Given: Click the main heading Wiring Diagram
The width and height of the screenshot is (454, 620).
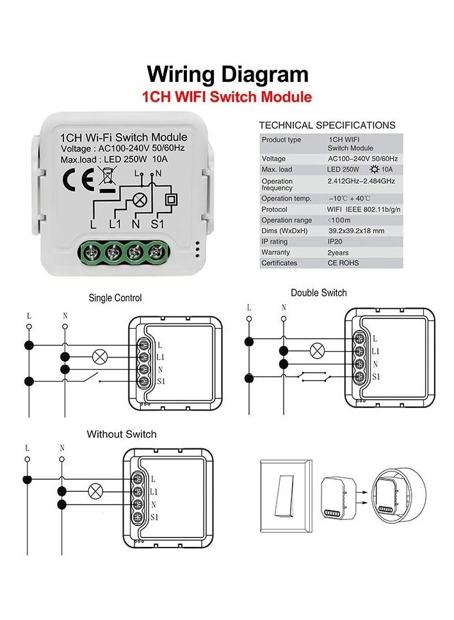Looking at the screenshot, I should tap(227, 74).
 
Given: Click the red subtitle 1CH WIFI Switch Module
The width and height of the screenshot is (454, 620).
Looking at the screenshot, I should tap(227, 97).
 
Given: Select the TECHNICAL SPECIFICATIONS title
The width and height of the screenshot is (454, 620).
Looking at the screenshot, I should tap(327, 126).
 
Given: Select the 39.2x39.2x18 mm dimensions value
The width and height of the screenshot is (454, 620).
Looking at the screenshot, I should tap(356, 231).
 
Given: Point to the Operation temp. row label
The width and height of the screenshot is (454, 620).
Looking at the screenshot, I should tap(286, 199).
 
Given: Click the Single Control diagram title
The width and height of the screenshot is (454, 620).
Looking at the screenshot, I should tap(115, 298).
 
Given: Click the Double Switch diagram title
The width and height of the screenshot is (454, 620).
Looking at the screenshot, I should tap(318, 293).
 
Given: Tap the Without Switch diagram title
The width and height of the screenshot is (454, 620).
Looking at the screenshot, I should tap(122, 434).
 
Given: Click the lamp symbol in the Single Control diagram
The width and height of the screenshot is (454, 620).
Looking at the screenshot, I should tap(100, 357).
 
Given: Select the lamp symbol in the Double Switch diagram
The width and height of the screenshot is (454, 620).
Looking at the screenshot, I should tap(317, 350).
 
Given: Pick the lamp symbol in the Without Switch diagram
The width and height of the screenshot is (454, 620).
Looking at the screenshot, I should tap(96, 492).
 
